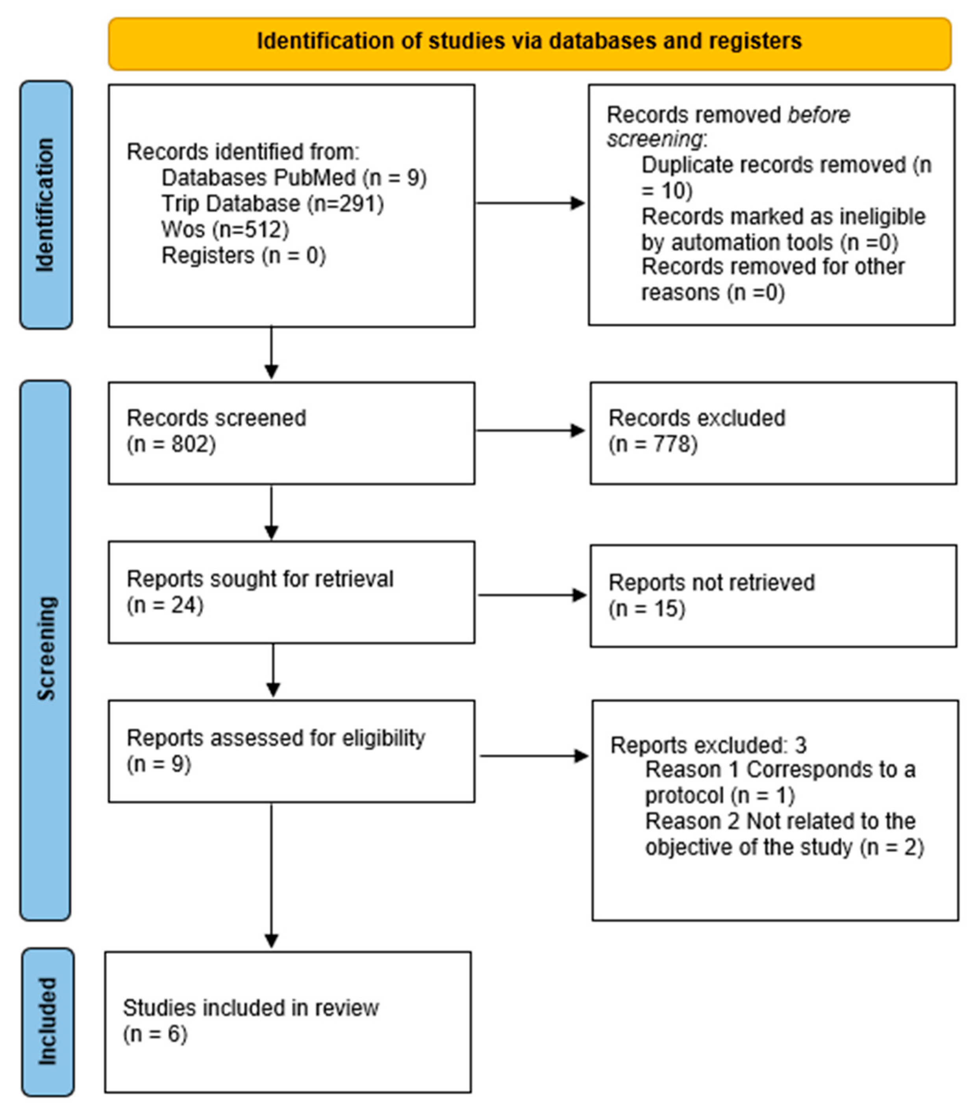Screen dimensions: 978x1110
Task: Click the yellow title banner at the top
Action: (529, 43)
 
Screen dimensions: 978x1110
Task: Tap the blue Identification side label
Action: (46, 205)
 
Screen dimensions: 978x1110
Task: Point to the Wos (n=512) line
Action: (225, 229)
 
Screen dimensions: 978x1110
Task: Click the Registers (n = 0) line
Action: (244, 255)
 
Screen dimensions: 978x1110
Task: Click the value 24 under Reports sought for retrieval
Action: (183, 605)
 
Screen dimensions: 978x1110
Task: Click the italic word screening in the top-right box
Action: (654, 139)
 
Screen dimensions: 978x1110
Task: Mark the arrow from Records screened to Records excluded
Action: (530, 431)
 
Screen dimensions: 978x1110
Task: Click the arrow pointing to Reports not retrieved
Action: (532, 595)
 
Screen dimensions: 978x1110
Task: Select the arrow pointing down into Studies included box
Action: (271, 876)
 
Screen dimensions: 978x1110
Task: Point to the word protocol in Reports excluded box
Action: (684, 796)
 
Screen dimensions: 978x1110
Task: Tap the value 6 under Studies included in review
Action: (174, 1034)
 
